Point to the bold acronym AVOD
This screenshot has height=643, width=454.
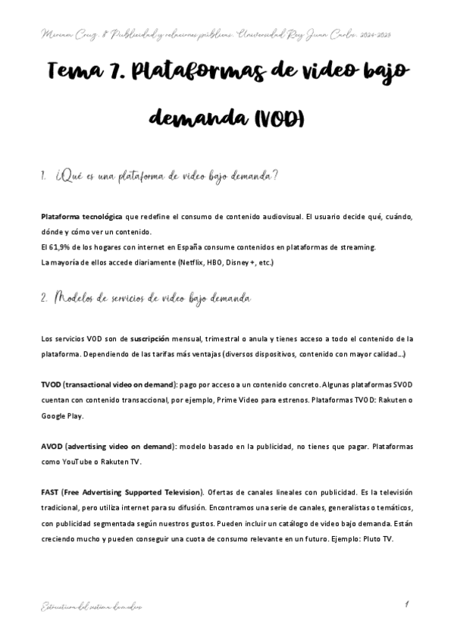[x=52, y=447]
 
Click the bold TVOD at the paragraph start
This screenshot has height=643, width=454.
[x=52, y=385]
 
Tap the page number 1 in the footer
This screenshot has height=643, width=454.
[x=407, y=604]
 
